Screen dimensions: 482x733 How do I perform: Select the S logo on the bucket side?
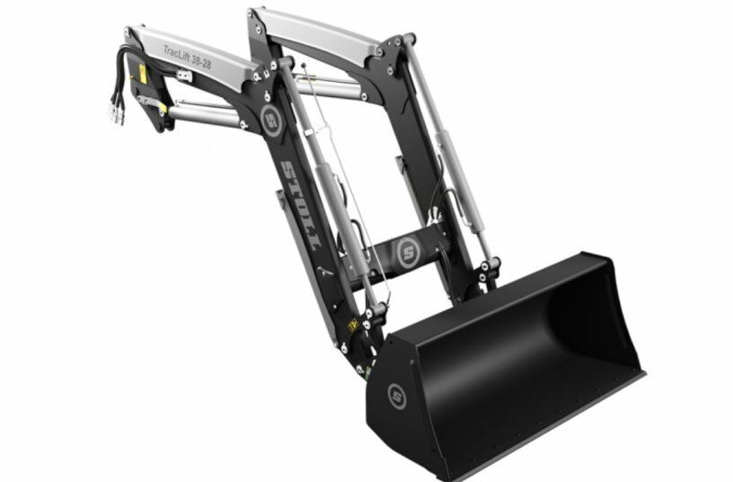click(396, 393)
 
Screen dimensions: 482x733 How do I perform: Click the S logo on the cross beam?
click(409, 253)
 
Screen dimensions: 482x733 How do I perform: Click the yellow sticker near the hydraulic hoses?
click(142, 72)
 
